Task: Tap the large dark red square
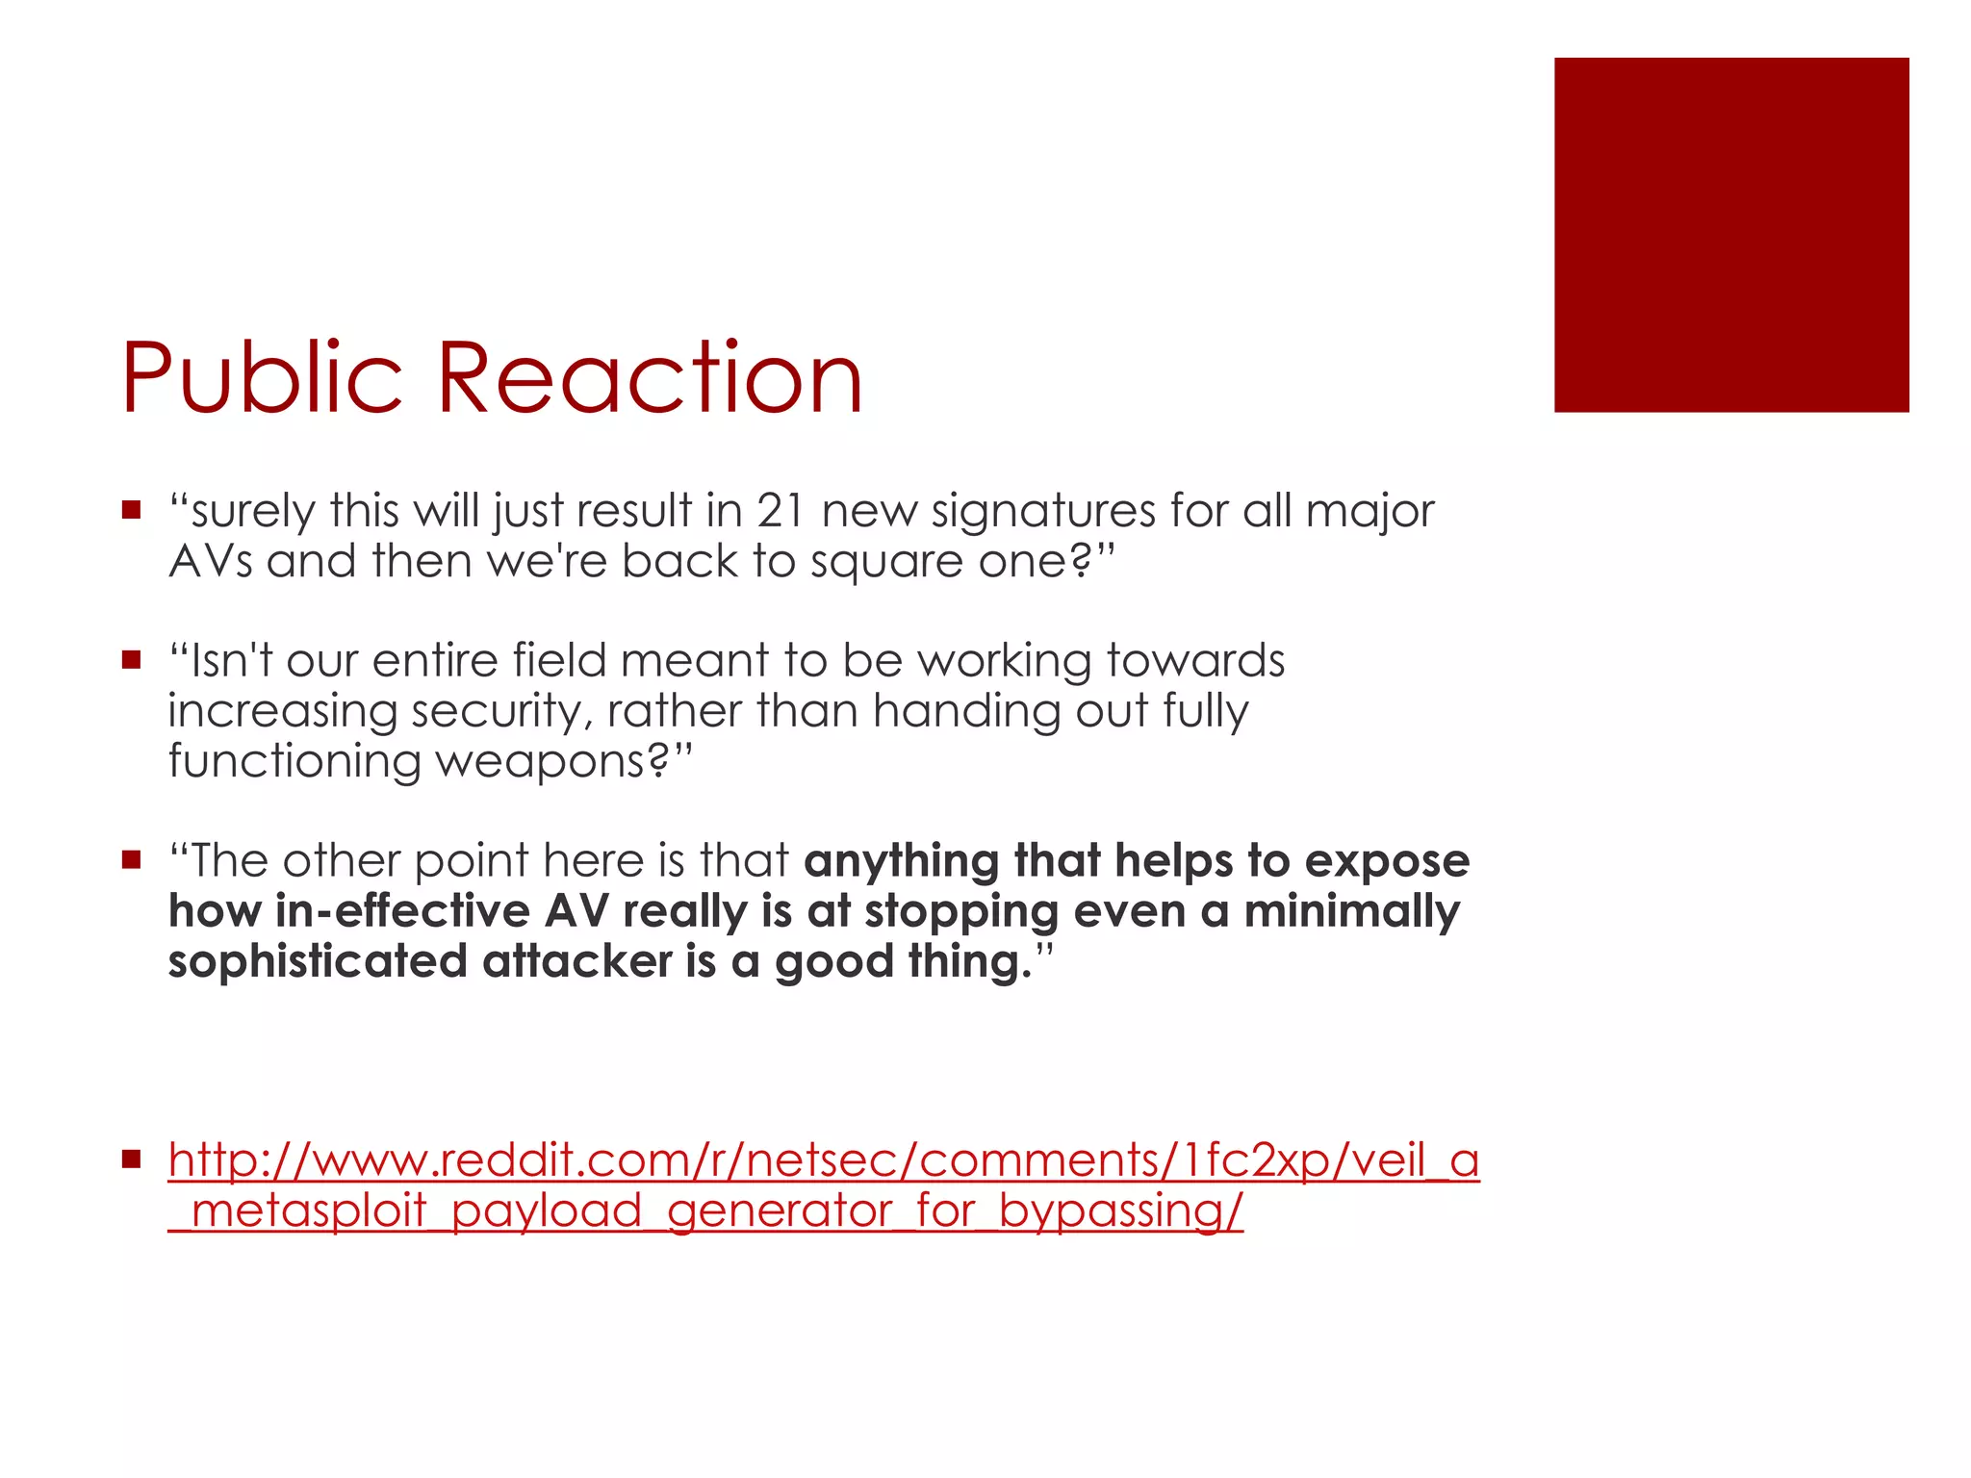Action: click(x=1730, y=235)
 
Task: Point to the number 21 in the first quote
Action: click(x=781, y=511)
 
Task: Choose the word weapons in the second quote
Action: click(x=551, y=762)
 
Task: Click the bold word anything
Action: click(x=902, y=862)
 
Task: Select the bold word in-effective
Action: click(x=402, y=911)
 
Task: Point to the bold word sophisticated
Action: click(x=318, y=961)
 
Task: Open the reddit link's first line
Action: click(x=823, y=1160)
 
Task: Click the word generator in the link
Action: click(x=780, y=1211)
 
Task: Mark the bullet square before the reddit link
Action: click(x=132, y=1159)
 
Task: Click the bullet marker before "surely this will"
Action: click(x=132, y=509)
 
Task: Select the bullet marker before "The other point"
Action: click(x=132, y=859)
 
